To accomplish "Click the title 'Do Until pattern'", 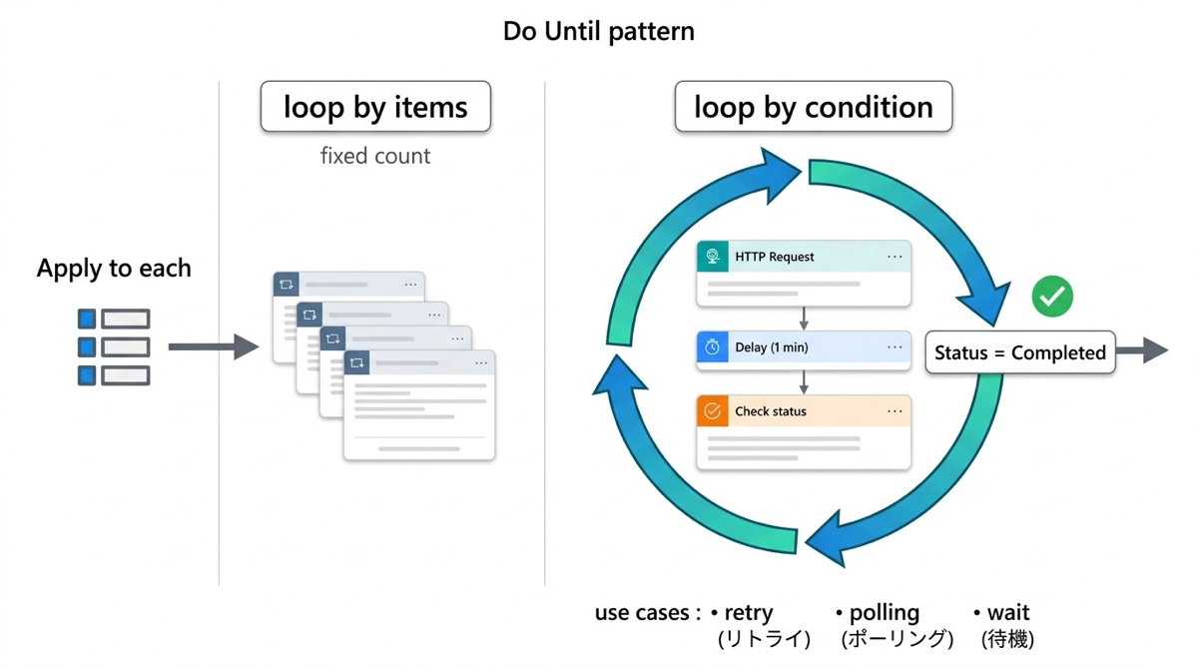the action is [x=598, y=31].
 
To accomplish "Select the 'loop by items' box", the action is [x=375, y=107].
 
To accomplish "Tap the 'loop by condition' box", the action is [x=814, y=107].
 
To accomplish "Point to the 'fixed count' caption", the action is [x=375, y=156].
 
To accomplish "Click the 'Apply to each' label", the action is [x=114, y=268].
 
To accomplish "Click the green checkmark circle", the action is [x=1052, y=297].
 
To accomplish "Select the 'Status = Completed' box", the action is [x=1020, y=352].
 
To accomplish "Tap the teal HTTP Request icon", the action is [x=713, y=257].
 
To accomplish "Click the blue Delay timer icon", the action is [x=713, y=347].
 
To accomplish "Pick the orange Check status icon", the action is [x=713, y=410].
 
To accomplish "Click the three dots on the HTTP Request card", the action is [x=895, y=257].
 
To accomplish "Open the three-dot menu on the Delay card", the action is [x=895, y=347].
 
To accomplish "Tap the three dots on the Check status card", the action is [x=895, y=411].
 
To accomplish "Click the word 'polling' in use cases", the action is [x=885, y=613].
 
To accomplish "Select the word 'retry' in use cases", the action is [x=748, y=613].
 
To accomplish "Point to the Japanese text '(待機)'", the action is [x=1007, y=639].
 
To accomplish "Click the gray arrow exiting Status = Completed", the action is [x=1142, y=350].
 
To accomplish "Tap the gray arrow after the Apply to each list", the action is [x=214, y=346].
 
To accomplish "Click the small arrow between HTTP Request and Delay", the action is [x=804, y=319].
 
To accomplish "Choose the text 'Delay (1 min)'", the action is [x=771, y=347].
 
